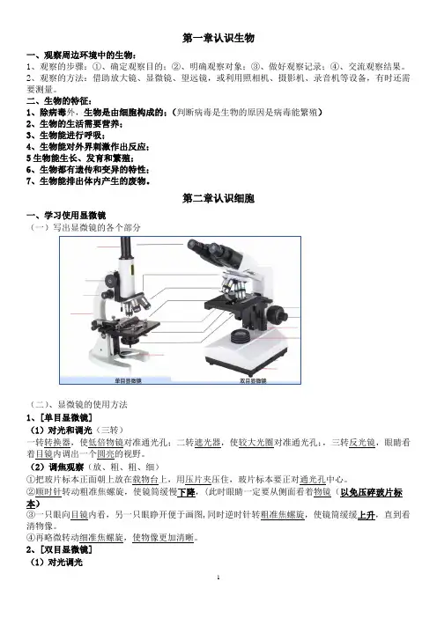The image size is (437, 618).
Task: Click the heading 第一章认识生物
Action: coord(218,38)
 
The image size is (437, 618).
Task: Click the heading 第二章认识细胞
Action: coord(218,198)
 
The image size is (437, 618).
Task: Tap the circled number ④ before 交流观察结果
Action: coord(334,67)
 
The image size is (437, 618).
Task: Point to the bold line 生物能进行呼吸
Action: coord(66,136)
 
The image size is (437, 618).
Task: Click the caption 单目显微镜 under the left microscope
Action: coord(128,380)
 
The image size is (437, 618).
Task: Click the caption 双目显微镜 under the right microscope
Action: coord(253,380)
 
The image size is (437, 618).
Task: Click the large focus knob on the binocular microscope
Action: coord(278,314)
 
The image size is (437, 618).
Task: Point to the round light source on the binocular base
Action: coord(241,336)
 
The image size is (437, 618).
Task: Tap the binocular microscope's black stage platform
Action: coord(237,305)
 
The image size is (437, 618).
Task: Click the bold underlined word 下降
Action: coord(186,492)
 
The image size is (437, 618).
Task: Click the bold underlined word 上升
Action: coord(366,515)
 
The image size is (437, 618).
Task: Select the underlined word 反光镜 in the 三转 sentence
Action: coord(362,443)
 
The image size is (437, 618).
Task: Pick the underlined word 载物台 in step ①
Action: coord(145,480)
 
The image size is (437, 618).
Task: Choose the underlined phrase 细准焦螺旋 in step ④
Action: coord(101,537)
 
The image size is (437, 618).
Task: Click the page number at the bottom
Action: coord(218,578)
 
